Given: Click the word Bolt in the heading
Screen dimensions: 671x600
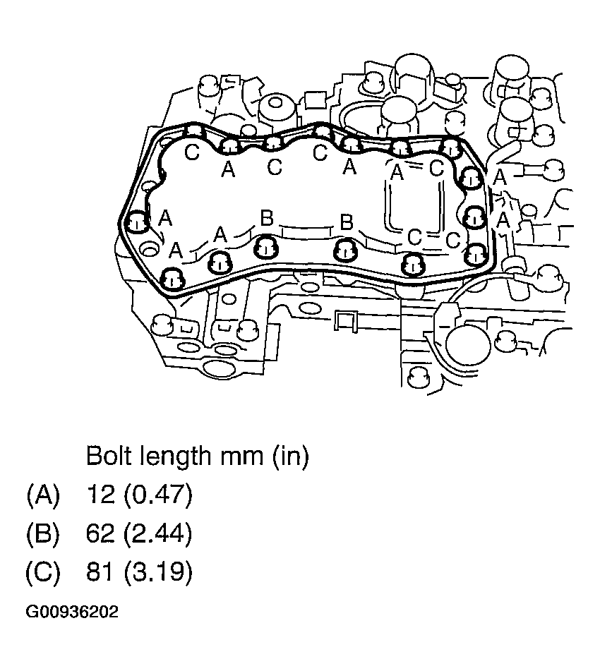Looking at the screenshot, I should click(x=109, y=457).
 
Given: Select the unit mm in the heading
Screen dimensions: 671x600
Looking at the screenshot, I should click(x=239, y=457).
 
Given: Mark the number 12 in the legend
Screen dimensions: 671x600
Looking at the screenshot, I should click(x=100, y=495).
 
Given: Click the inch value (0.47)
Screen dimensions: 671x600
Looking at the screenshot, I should click(x=157, y=495).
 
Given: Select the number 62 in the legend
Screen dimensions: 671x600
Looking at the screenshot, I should click(x=100, y=534).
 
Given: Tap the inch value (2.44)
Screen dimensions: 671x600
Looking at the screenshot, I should click(x=157, y=534).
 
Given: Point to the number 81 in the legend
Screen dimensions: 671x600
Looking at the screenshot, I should click(x=100, y=572).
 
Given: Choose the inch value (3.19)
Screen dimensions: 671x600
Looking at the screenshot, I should click(x=157, y=572).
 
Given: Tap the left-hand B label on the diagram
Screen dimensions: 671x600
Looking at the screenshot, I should click(x=266, y=219).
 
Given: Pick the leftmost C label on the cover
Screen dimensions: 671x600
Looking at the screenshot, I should click(x=191, y=152).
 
